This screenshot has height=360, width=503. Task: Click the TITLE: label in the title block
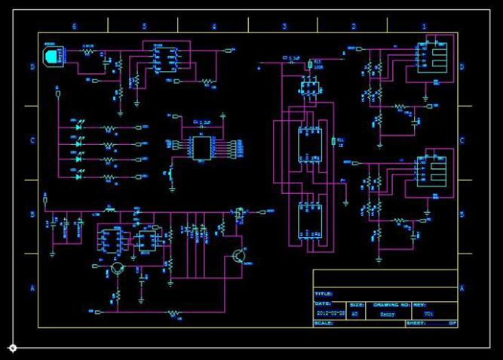[323, 294]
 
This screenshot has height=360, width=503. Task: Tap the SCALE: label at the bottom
[324, 323]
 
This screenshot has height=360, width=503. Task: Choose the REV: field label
[420, 305]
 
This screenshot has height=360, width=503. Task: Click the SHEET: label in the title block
[417, 323]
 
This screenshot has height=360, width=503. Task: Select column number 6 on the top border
[74, 26]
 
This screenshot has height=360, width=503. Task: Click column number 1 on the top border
[424, 26]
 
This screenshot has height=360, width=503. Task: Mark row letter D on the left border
[32, 67]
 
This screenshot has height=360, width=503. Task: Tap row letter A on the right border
[462, 288]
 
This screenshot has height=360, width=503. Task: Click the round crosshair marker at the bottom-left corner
[13, 347]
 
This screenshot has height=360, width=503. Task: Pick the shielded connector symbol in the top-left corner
[52, 56]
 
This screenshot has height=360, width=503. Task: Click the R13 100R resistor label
[317, 63]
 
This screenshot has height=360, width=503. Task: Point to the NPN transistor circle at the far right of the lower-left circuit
[239, 257]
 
